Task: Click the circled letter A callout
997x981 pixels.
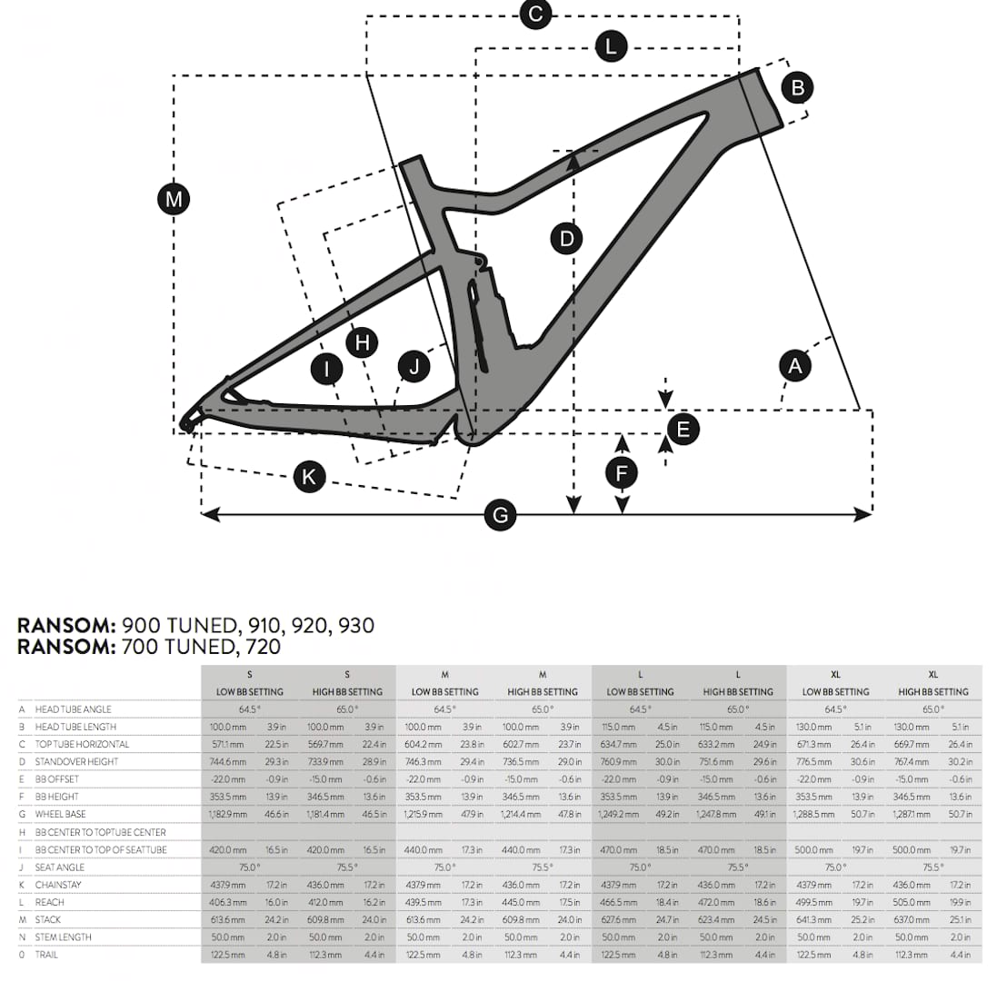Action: [795, 366]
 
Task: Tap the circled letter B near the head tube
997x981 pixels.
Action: [797, 87]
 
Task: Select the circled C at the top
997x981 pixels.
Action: [535, 14]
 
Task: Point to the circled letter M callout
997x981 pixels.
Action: [173, 199]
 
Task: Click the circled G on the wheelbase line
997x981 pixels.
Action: [501, 514]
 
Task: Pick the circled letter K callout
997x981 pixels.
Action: [309, 477]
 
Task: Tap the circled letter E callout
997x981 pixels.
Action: [683, 430]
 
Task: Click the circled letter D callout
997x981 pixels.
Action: [566, 239]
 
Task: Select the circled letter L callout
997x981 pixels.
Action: [611, 46]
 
